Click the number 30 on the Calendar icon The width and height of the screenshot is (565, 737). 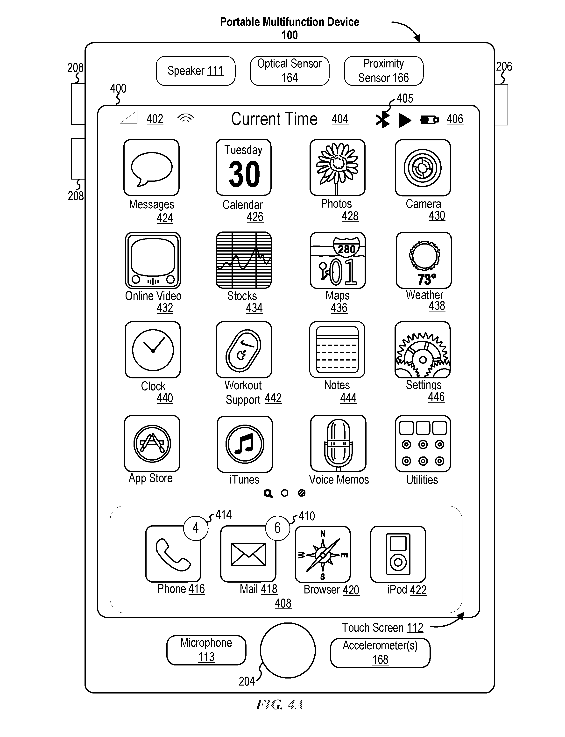pyautogui.click(x=245, y=174)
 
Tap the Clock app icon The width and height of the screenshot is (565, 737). pyautogui.click(x=153, y=350)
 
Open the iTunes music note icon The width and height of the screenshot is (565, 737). pyautogui.click(x=245, y=444)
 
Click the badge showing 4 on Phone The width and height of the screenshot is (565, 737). pyautogui.click(x=196, y=528)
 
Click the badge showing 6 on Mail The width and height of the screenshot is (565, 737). pyautogui.click(x=277, y=528)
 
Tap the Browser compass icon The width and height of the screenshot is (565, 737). pyautogui.click(x=323, y=554)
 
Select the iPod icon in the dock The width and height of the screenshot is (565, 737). pyautogui.click(x=398, y=554)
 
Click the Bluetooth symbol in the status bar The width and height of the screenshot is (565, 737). pyautogui.click(x=382, y=120)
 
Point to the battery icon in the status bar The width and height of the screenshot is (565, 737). pyautogui.click(x=430, y=120)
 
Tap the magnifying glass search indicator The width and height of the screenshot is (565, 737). pyautogui.click(x=268, y=494)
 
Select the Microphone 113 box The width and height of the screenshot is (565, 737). pyautogui.click(x=206, y=650)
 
